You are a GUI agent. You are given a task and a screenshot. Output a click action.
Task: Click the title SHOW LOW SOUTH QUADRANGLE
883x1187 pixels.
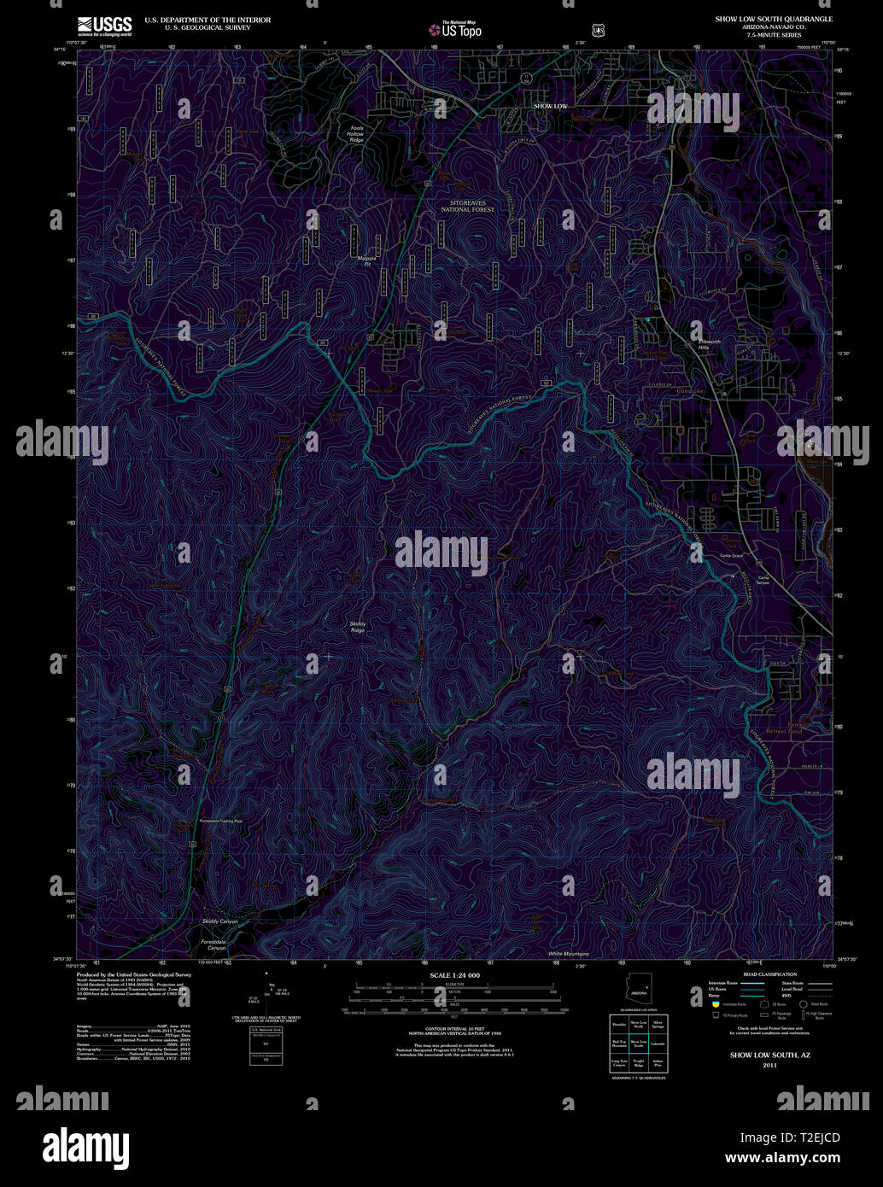pyautogui.click(x=774, y=18)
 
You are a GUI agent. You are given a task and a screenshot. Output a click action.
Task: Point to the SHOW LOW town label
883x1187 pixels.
pyautogui.click(x=550, y=106)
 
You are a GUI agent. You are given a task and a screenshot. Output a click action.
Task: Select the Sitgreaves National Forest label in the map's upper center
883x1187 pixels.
pyautogui.click(x=467, y=205)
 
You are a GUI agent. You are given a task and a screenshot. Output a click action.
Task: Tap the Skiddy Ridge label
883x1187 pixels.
pyautogui.click(x=357, y=626)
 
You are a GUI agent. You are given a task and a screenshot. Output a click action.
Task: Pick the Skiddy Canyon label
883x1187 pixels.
pyautogui.click(x=220, y=922)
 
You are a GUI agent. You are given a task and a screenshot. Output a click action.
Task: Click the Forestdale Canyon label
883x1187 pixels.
pyautogui.click(x=213, y=945)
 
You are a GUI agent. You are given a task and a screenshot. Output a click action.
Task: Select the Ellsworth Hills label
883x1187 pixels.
pyautogui.click(x=710, y=344)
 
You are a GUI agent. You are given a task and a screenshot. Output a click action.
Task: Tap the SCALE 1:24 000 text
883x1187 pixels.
pyautogui.click(x=454, y=975)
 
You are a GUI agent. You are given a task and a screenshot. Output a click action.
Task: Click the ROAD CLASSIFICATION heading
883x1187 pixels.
pyautogui.click(x=769, y=974)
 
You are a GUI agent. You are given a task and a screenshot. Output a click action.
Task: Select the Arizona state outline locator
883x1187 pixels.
pyautogui.click(x=638, y=991)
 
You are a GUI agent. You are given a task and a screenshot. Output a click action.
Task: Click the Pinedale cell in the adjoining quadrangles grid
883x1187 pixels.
pyautogui.click(x=619, y=1023)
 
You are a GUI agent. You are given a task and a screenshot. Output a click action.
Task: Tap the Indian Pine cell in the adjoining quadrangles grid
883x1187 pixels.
pyautogui.click(x=658, y=1064)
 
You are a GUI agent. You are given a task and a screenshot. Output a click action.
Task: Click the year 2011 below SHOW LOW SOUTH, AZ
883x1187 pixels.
pyautogui.click(x=769, y=1066)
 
